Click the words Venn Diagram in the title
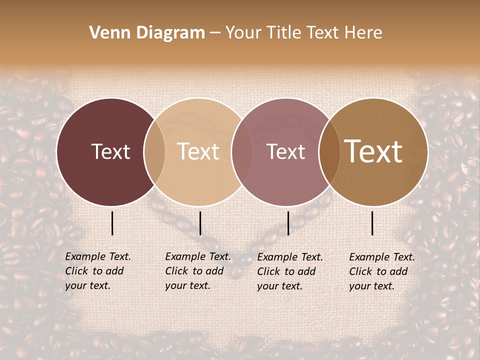(147, 33)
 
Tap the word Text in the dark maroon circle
(110, 151)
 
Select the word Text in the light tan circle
(198, 151)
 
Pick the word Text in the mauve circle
(285, 151)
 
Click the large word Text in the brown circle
(373, 151)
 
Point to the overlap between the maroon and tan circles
(154, 151)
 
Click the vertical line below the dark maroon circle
(112, 223)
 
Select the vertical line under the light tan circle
(200, 223)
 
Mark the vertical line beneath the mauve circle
(288, 223)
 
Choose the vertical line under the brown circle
(372, 223)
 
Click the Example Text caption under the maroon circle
(98, 271)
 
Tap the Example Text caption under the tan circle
(198, 271)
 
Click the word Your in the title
(243, 33)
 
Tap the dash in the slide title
(215, 33)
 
